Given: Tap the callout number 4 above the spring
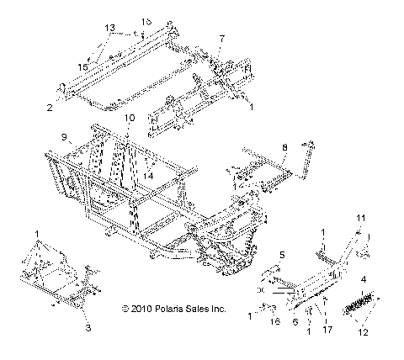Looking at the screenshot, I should click(364, 278).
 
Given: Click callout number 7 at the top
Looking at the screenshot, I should click(221, 39).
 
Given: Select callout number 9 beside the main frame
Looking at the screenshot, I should click(63, 136).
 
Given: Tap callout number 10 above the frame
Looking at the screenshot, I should click(129, 119).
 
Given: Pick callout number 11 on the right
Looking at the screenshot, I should click(360, 218).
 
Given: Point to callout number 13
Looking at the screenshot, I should click(109, 28).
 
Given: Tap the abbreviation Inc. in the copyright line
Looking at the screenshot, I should click(218, 310).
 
